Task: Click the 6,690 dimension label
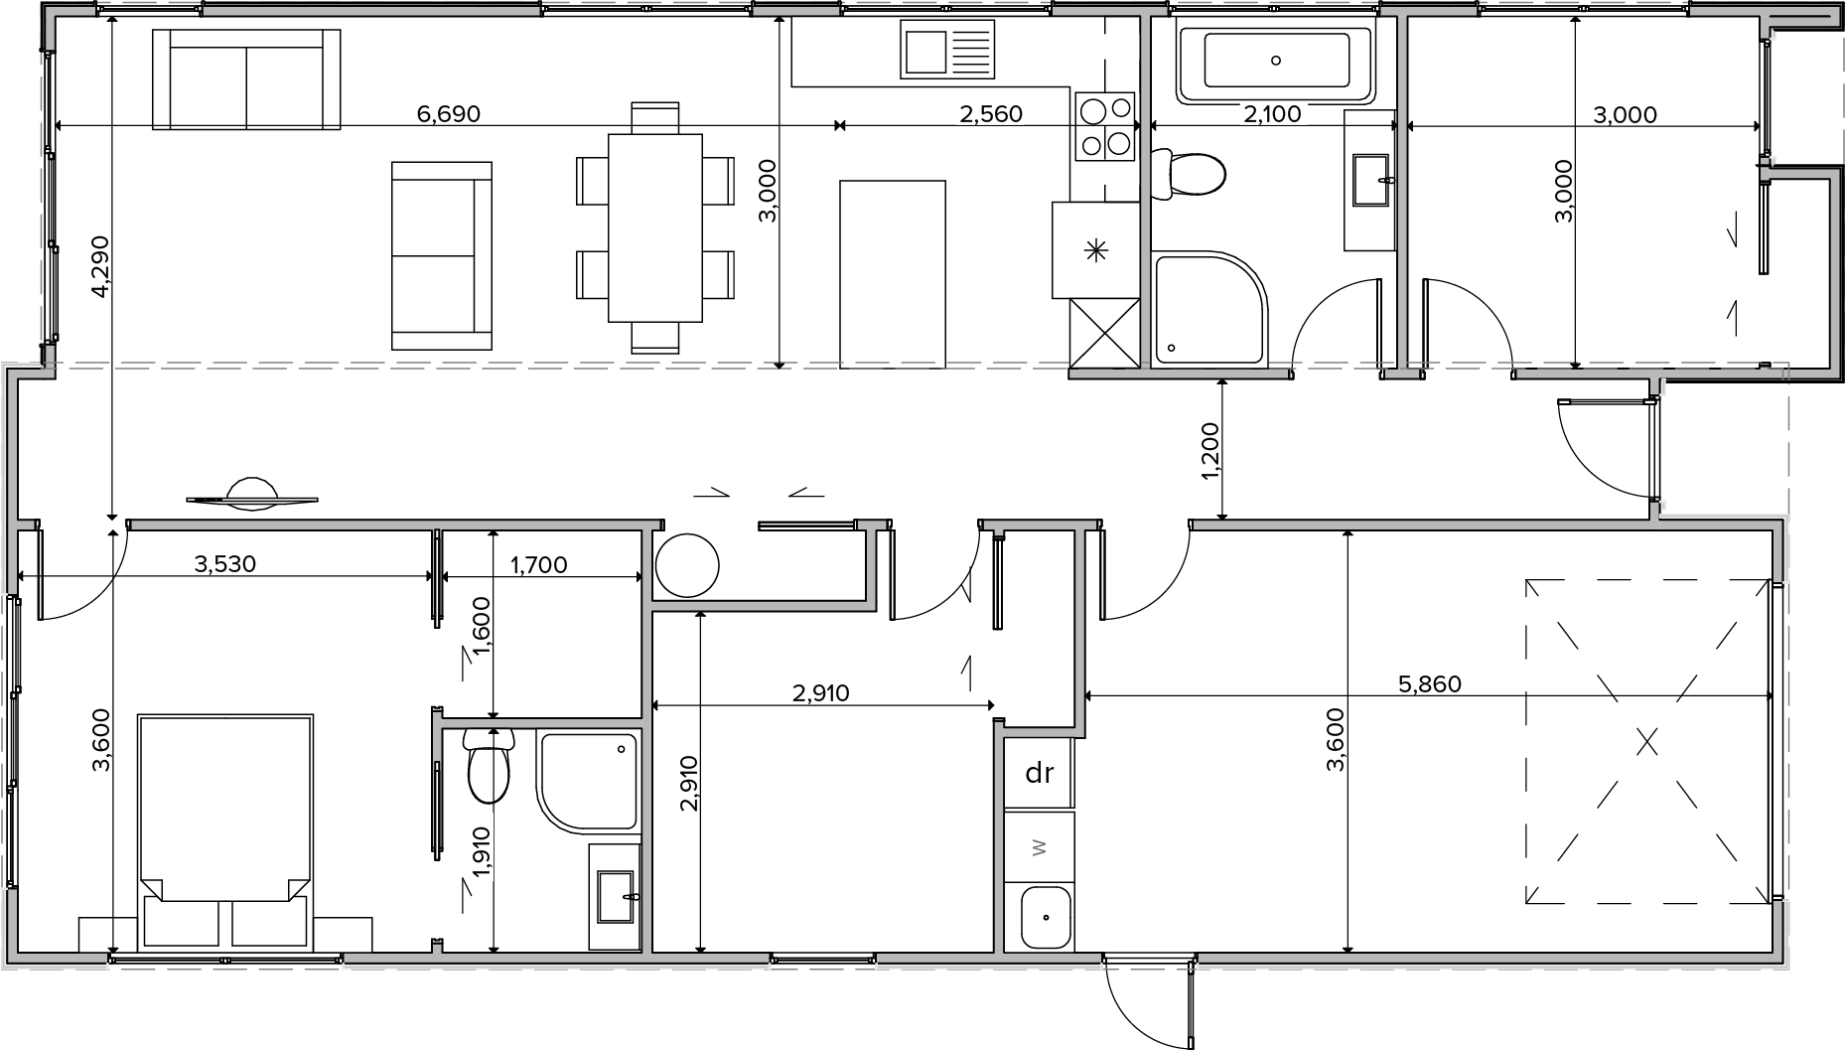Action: (x=448, y=114)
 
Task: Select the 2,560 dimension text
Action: (x=990, y=114)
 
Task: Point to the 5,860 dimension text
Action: (x=1429, y=684)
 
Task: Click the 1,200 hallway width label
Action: (x=1209, y=452)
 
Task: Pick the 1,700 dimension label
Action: (x=538, y=565)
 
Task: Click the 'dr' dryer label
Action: (x=1039, y=772)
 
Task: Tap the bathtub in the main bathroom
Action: (x=1275, y=61)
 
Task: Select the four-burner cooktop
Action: (x=1106, y=126)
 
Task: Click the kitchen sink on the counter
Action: (x=947, y=50)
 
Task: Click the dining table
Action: (x=655, y=227)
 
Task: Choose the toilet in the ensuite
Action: (x=488, y=765)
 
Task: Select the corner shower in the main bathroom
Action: (x=1210, y=310)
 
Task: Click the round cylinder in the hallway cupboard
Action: (x=686, y=565)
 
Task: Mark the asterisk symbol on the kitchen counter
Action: (x=1096, y=250)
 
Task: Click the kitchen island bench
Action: (x=893, y=274)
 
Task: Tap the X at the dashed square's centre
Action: (x=1647, y=741)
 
